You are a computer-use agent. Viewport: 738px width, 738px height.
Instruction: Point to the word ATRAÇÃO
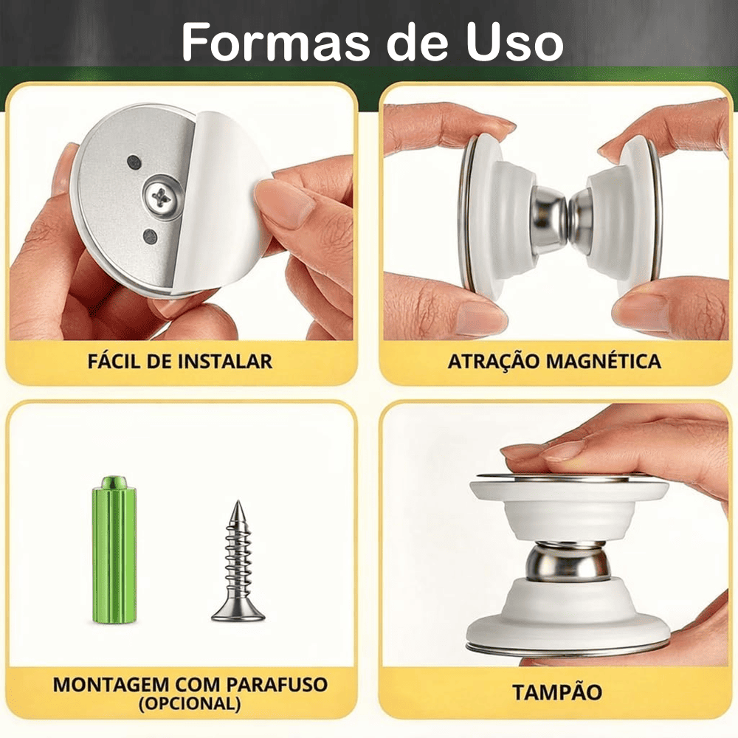click(x=494, y=362)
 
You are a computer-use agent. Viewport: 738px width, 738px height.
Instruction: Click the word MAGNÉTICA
click(x=604, y=361)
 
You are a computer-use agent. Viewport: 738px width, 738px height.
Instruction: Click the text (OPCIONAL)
click(x=190, y=703)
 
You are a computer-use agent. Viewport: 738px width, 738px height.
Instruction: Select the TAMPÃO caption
click(x=557, y=692)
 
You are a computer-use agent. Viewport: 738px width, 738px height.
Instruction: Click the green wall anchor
click(x=114, y=550)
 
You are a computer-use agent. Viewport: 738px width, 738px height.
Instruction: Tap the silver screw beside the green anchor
click(x=238, y=561)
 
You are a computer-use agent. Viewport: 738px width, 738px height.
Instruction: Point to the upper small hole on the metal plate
click(x=134, y=162)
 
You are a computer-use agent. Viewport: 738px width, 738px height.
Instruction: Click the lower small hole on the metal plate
click(x=151, y=236)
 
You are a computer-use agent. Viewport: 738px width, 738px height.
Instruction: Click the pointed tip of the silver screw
click(x=239, y=501)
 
